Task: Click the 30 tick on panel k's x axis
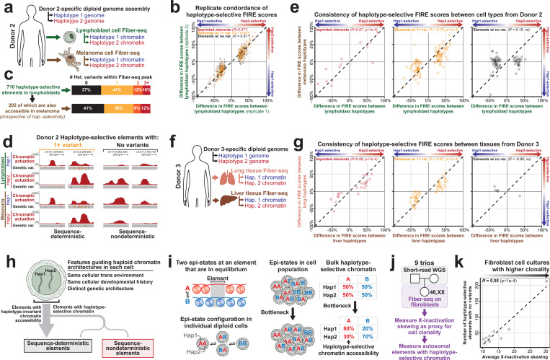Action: click(x=538, y=348)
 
